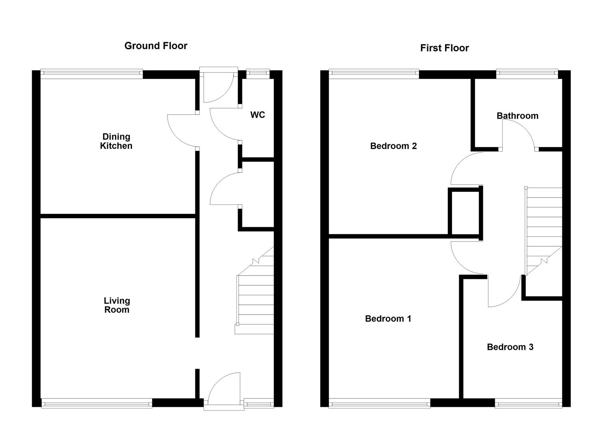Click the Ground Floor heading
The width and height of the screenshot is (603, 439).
156,46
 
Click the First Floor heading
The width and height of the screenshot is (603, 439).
444,48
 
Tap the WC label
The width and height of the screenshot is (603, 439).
257,115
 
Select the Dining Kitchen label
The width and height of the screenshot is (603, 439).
116,141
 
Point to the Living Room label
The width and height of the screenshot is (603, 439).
117,305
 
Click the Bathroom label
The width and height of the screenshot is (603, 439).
517,116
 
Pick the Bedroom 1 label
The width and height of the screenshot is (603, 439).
388,319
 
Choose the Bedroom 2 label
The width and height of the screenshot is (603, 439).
393,146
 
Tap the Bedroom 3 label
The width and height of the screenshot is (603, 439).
510,347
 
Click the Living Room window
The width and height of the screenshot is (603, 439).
97,403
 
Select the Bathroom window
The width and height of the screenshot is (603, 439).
527,74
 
